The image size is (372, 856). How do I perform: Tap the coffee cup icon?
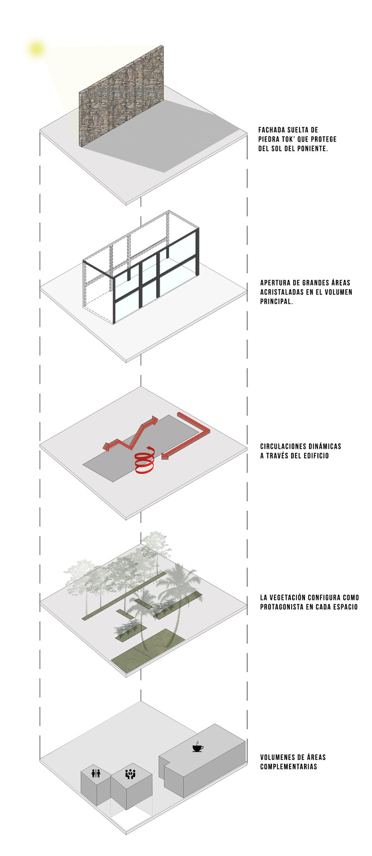click(197, 747)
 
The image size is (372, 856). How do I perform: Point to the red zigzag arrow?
click(131, 435)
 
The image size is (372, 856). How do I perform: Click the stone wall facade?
click(122, 97)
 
